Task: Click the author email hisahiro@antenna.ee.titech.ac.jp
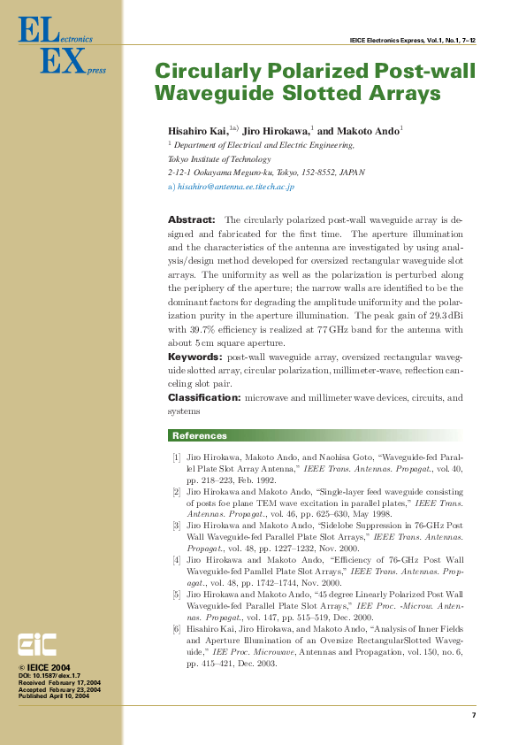[x=236, y=188]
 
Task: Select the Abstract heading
[x=191, y=219]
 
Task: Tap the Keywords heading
[x=195, y=356]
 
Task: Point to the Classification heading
[x=204, y=398]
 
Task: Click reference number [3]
[x=177, y=526]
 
